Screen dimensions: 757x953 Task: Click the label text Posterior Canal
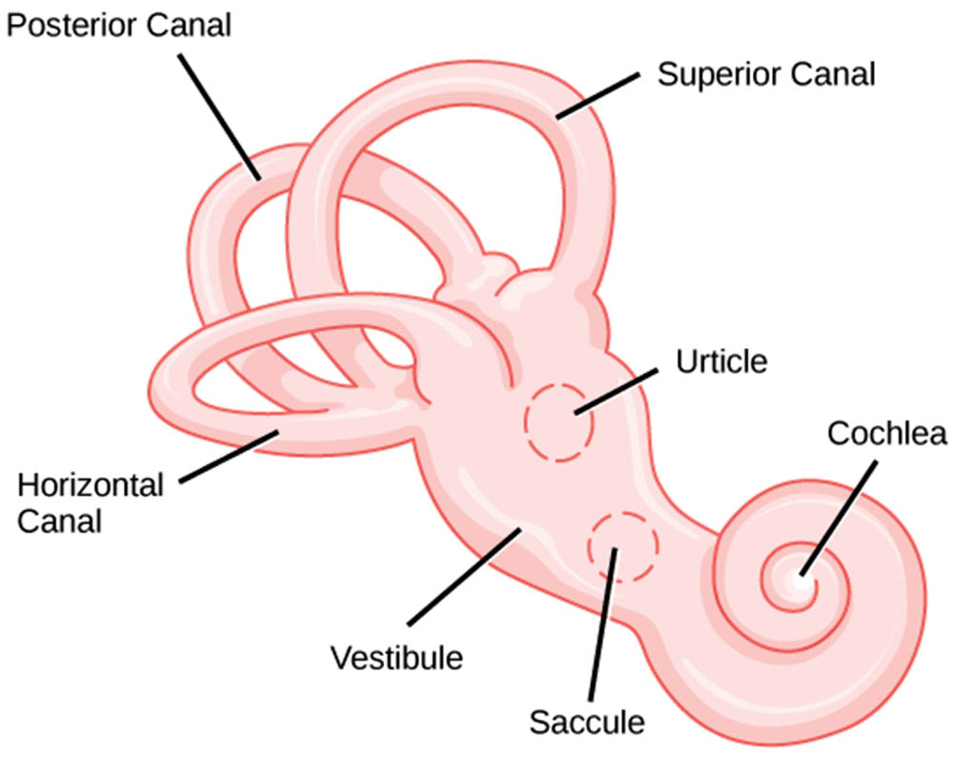(118, 25)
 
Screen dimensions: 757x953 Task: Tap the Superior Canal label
(766, 74)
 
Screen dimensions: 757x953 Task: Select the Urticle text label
(721, 362)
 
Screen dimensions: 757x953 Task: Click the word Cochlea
(887, 434)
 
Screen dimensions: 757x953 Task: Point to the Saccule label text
(586, 722)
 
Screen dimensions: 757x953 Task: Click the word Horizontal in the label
(91, 485)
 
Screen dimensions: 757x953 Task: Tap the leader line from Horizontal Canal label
(229, 456)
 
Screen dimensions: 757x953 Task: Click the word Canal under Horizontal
(60, 521)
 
